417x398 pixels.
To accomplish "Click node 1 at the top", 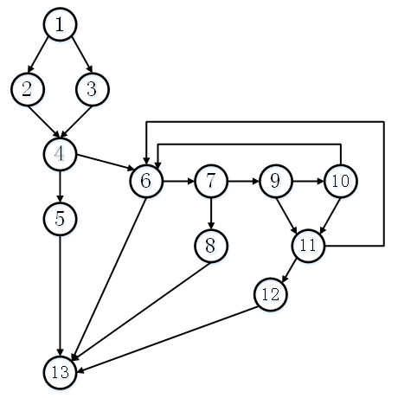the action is tap(60, 24).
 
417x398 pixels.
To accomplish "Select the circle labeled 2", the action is tap(28, 89).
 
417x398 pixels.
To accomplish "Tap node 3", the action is tap(93, 89).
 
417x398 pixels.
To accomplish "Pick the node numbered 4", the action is tap(60, 154).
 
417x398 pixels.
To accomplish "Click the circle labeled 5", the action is tap(60, 219).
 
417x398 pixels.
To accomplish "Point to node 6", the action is tap(146, 181).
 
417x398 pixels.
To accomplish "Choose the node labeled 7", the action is tap(211, 181).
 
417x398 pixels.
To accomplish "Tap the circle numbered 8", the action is tap(211, 246).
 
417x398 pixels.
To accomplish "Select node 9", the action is tap(276, 181).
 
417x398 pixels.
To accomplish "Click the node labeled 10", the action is tap(341, 181).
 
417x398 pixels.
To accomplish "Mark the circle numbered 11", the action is tap(308, 246).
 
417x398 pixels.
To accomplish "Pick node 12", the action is tap(271, 294).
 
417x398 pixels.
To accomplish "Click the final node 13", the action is tap(60, 373).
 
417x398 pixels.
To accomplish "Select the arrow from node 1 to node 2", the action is tap(38, 55).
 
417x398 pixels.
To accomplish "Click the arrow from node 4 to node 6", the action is tap(106, 163).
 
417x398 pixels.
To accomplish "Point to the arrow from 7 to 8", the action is tap(211, 214).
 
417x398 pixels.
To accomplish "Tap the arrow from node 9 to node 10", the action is tap(308, 182).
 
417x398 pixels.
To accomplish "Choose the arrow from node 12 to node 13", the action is tap(168, 339).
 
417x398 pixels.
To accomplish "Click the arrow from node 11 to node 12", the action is tap(289, 271).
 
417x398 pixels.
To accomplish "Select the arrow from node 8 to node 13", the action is tap(141, 311).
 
